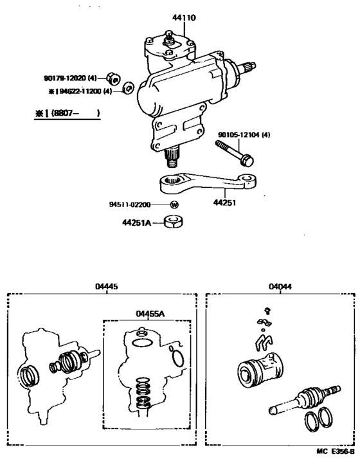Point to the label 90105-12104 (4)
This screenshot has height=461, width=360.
pos(244,135)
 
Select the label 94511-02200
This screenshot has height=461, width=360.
pos(129,205)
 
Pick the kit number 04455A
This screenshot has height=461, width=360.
pos(150,313)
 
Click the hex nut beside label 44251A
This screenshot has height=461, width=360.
pos(173,223)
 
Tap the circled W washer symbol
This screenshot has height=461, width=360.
pos(174,205)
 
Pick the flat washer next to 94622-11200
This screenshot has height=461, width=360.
pos(127,87)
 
